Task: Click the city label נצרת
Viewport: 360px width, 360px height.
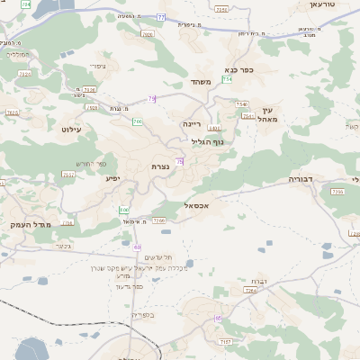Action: [x=161, y=166]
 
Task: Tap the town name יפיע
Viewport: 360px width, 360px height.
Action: [x=112, y=178]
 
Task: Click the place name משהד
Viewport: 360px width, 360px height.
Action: [x=200, y=82]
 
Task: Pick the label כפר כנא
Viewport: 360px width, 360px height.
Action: [x=239, y=69]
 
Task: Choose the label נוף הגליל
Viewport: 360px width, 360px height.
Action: [x=207, y=140]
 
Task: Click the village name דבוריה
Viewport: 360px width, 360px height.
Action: [x=300, y=179]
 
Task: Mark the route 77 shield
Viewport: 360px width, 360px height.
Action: [x=160, y=17]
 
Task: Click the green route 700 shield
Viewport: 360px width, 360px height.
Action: [x=138, y=121]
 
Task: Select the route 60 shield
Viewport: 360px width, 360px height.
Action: [x=138, y=247]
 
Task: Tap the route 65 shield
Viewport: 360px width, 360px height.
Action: [x=218, y=319]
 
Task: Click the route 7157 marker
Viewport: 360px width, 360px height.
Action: [x=225, y=343]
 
